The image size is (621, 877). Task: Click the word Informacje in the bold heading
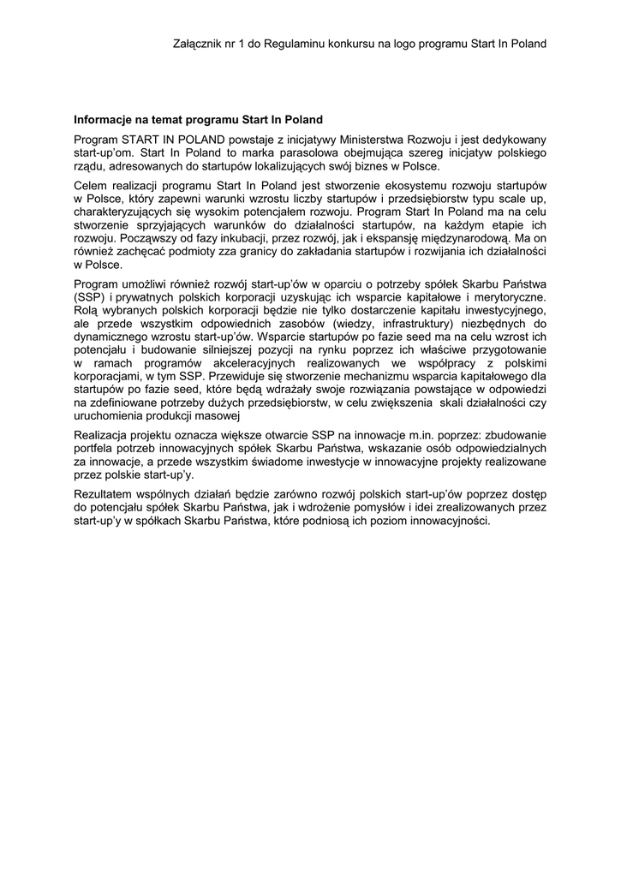(104, 121)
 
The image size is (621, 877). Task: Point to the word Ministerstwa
(379, 139)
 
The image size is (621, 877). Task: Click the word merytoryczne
(505, 296)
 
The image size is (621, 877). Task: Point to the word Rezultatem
(105, 494)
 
